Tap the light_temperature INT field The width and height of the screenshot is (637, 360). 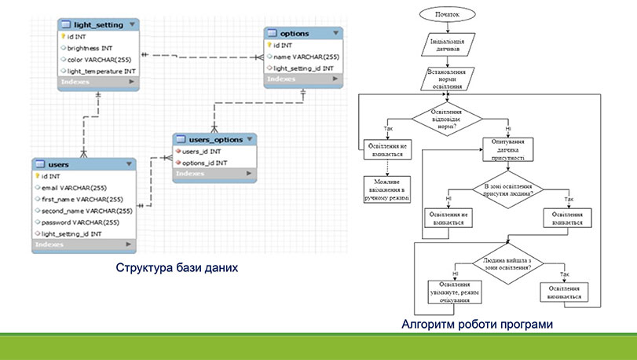[100, 71]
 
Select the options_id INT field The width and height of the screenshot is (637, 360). [205, 163]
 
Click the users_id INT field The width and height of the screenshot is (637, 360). [202, 151]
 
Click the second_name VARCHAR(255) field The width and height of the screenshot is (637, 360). [86, 210]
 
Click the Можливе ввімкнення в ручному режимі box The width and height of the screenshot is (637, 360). [387, 189]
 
